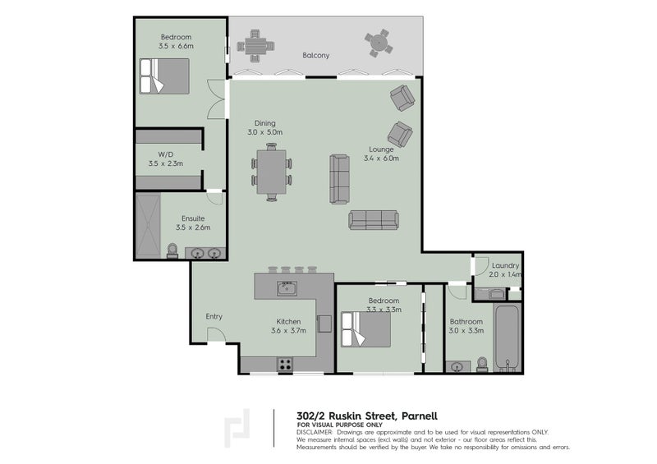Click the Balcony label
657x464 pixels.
click(x=316, y=55)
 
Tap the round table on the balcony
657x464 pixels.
click(x=379, y=42)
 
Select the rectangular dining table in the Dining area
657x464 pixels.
click(x=272, y=172)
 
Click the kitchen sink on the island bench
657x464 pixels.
click(x=287, y=288)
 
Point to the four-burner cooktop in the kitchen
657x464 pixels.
click(x=285, y=365)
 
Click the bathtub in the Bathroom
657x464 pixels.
click(x=507, y=338)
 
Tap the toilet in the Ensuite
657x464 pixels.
click(x=172, y=251)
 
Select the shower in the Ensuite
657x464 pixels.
click(x=148, y=226)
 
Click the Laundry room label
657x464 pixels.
click(x=505, y=265)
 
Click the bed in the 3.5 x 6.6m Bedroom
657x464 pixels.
click(x=164, y=76)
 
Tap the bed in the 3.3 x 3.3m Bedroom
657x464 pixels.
click(x=365, y=329)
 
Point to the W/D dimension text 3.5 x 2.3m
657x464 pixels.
click(x=166, y=163)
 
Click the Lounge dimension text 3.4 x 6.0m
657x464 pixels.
click(x=381, y=158)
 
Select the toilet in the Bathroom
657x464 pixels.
click(x=482, y=365)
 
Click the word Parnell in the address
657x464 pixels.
click(x=420, y=416)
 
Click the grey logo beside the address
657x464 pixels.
click(x=237, y=428)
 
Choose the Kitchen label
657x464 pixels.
click(x=288, y=321)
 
